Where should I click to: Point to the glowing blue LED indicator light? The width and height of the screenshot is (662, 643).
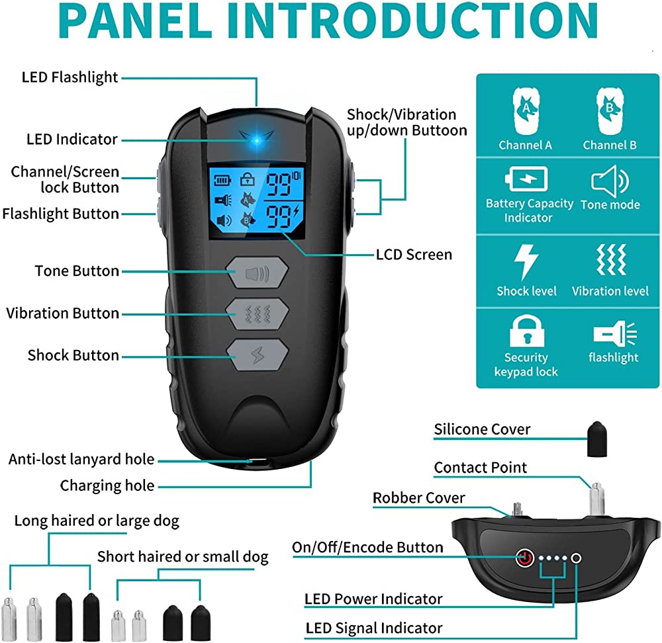click(x=255, y=140)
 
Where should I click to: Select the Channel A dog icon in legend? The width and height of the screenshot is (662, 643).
click(x=525, y=111)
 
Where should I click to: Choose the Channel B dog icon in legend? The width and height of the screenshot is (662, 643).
click(x=609, y=111)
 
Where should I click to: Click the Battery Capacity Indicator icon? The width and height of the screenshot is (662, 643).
click(x=528, y=179)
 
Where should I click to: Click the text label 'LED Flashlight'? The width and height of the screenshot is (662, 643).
click(x=70, y=77)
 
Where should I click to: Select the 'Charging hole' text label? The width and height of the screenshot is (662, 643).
click(x=107, y=486)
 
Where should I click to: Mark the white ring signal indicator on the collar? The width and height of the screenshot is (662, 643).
click(x=577, y=558)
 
